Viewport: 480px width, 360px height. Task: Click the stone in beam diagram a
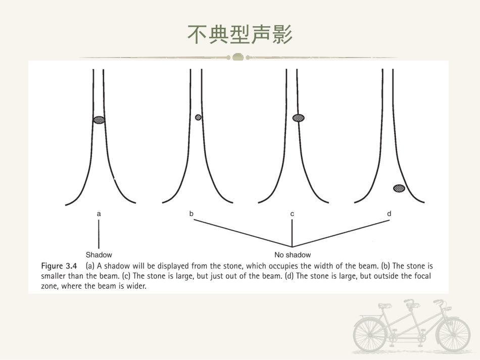[99, 120]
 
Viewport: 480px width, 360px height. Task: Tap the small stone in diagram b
[198, 117]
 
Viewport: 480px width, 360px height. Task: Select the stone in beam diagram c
[299, 118]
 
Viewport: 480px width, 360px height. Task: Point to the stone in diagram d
[399, 188]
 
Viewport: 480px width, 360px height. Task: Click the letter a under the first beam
[99, 214]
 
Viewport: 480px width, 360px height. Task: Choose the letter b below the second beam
[191, 214]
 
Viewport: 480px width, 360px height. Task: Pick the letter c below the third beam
[292, 214]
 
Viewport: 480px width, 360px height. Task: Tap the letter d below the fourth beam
[389, 214]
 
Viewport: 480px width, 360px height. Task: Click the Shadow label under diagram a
[99, 255]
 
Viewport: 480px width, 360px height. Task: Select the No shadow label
[293, 255]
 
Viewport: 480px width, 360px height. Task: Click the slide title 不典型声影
[240, 34]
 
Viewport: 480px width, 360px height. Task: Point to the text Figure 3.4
[59, 266]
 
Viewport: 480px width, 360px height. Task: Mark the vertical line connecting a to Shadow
[99, 234]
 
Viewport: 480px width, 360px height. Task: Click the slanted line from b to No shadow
[243, 233]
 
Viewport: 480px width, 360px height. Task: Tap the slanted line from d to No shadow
[341, 233]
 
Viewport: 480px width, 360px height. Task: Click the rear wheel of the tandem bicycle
[370, 334]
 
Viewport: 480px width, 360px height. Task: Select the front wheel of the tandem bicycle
[453, 334]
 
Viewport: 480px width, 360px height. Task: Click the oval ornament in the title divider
[238, 57]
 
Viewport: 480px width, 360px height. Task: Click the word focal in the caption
[422, 276]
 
